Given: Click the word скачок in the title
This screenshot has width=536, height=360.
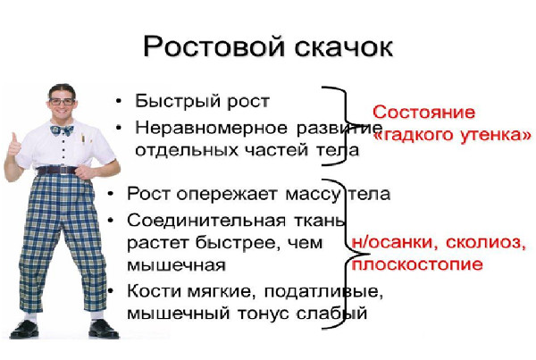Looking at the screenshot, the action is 344,46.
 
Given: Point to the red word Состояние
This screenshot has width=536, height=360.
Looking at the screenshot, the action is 423,113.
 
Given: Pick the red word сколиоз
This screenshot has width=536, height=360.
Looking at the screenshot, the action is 486,243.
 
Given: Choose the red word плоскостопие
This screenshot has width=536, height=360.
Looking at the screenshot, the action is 417,264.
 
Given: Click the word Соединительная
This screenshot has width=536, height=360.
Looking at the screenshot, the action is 206,222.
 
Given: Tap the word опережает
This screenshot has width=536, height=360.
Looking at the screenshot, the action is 227,195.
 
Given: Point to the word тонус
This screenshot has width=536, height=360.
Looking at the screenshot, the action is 264,314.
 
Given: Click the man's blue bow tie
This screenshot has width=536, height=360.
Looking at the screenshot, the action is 62,130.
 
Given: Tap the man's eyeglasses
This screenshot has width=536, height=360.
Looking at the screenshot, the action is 62,101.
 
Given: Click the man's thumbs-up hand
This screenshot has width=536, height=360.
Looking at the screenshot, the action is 13,147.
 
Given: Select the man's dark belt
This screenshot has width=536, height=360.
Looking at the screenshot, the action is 57,171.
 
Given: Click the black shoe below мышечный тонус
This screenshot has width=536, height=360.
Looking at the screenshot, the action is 104,329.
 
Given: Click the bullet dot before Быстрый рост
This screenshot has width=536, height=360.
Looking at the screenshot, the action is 119,101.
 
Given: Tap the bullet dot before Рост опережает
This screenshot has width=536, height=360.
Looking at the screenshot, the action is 111,194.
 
